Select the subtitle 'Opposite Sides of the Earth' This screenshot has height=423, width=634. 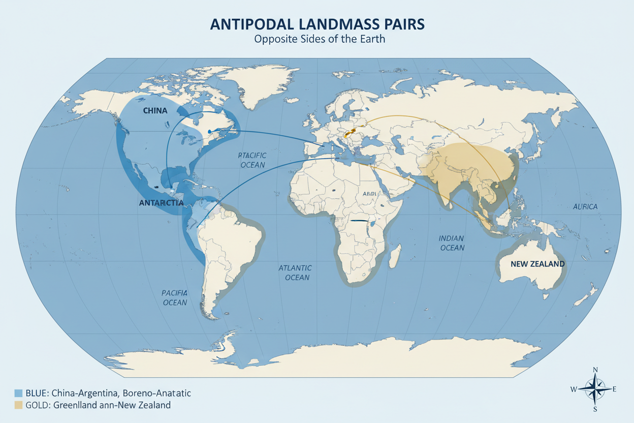316,40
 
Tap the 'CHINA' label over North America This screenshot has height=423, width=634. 155,110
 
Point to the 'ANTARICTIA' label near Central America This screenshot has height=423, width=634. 161,202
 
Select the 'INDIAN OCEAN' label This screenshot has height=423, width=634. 452,243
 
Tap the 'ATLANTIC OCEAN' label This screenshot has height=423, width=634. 295,273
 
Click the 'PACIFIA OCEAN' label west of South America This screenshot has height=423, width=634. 175,297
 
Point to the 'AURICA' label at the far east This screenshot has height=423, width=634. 585,206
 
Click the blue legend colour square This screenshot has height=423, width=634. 19,393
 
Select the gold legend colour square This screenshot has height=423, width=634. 19,405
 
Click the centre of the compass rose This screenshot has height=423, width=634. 594,389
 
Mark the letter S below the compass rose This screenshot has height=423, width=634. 595,409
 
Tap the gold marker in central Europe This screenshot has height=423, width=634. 349,134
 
